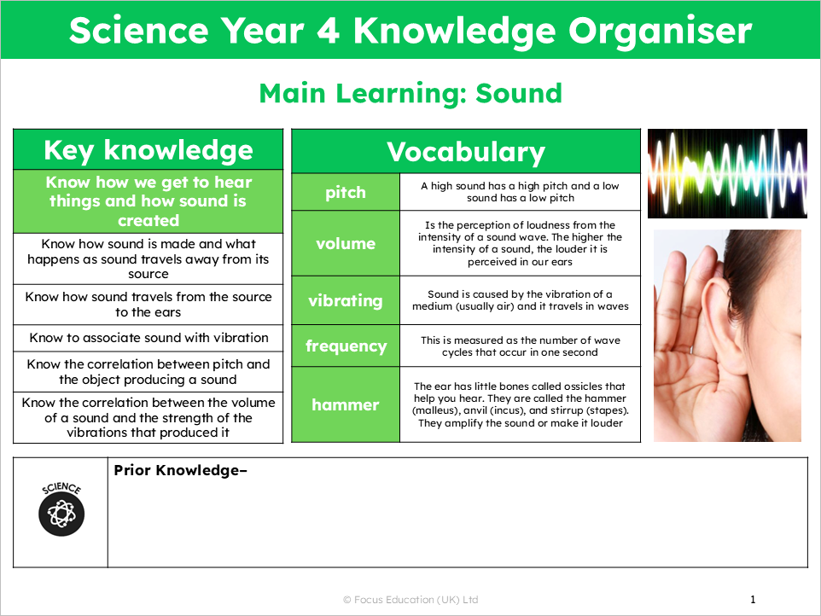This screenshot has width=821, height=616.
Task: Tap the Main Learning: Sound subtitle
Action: (410, 92)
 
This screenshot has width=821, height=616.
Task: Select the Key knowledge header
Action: (148, 150)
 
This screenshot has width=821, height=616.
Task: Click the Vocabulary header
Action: (466, 152)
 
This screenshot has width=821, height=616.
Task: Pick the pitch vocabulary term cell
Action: (346, 192)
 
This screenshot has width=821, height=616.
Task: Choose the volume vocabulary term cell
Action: (346, 243)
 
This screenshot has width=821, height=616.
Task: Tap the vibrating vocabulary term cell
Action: (346, 300)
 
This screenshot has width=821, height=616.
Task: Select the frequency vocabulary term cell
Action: (346, 346)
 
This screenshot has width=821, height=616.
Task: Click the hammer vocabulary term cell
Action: (346, 404)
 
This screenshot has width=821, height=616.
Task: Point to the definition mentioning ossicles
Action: (521, 404)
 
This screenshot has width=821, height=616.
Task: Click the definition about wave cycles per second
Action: (521, 346)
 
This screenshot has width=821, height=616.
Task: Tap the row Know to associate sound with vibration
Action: (148, 338)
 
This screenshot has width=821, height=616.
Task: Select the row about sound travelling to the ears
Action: (148, 305)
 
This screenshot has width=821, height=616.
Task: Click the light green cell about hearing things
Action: (148, 201)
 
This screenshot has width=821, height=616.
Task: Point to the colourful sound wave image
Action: (727, 173)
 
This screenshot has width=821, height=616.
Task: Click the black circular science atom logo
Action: (61, 514)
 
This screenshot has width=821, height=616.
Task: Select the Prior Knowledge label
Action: (179, 470)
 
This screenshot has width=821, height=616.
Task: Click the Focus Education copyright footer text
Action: (410, 600)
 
